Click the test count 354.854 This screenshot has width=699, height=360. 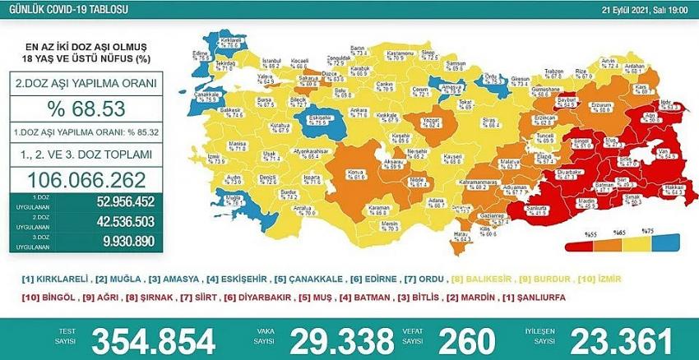pos(153,339)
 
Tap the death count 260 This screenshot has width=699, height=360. pos(467,339)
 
